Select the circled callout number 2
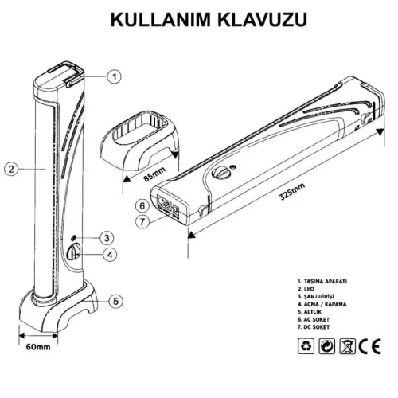click(x=11, y=168)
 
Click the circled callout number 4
click(x=111, y=255)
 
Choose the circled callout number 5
click(x=115, y=301)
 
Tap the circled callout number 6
click(x=141, y=203)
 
